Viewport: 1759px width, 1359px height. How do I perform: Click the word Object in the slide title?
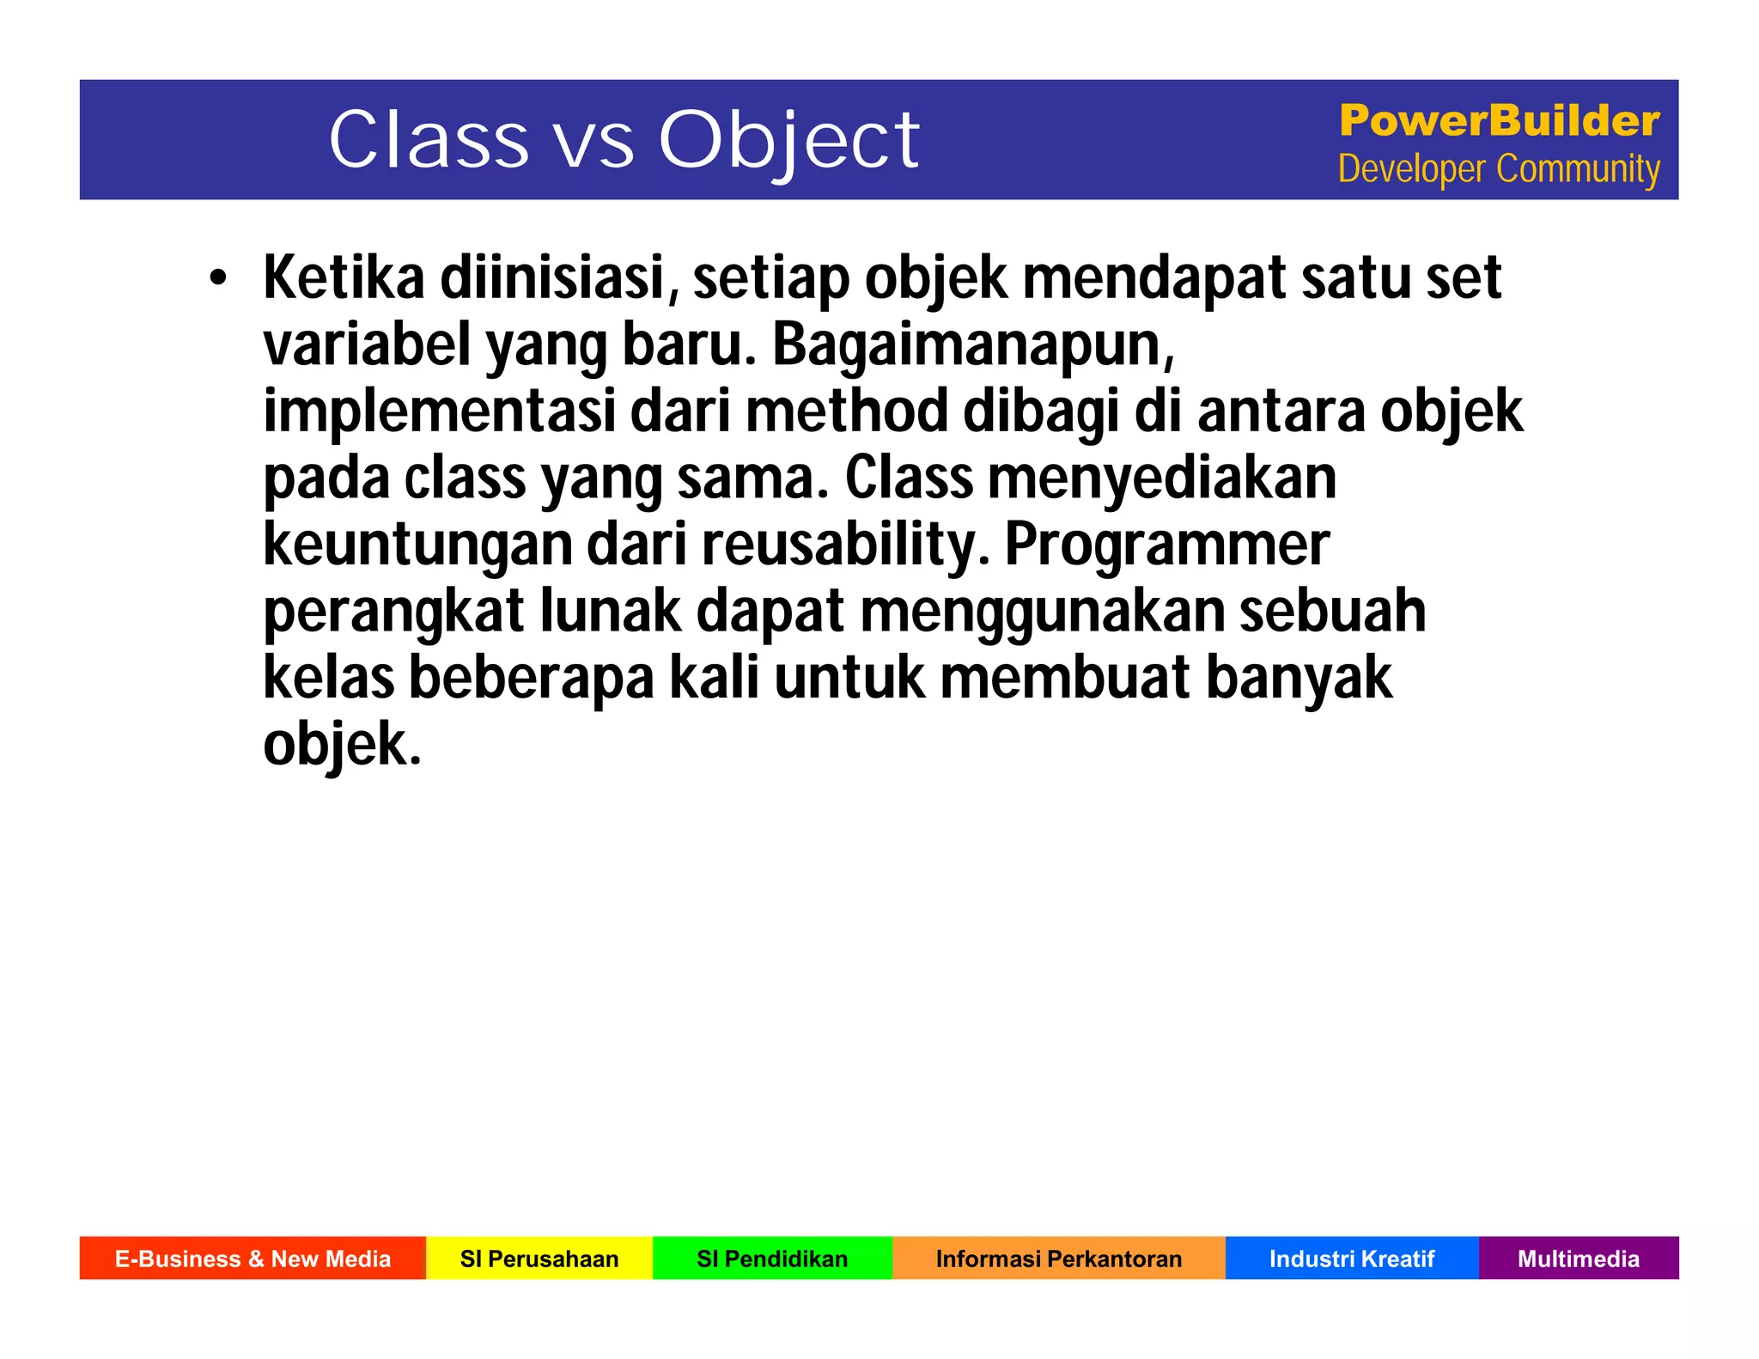point(788,140)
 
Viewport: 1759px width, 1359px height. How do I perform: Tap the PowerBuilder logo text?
point(1499,120)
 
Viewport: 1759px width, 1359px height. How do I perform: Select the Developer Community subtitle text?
point(1499,169)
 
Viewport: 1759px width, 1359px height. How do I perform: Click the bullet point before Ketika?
point(218,278)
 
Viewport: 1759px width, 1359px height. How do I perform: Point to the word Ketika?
point(344,278)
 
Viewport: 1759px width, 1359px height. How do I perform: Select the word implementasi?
point(439,411)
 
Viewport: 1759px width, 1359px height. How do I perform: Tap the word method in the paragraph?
point(846,411)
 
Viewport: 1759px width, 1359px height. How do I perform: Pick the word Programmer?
point(1166,545)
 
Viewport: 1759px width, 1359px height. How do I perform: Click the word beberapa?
point(532,678)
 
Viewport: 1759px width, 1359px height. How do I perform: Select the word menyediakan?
point(1161,478)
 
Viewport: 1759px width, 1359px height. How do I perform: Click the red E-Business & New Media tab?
point(253,1258)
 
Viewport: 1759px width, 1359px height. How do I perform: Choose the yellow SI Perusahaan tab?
point(539,1258)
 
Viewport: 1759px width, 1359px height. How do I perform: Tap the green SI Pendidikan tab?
point(772,1258)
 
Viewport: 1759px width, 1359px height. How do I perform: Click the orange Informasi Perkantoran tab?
point(1058,1258)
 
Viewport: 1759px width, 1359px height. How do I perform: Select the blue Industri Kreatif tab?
point(1352,1258)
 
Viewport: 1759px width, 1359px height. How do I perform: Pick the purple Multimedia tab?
point(1578,1258)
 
